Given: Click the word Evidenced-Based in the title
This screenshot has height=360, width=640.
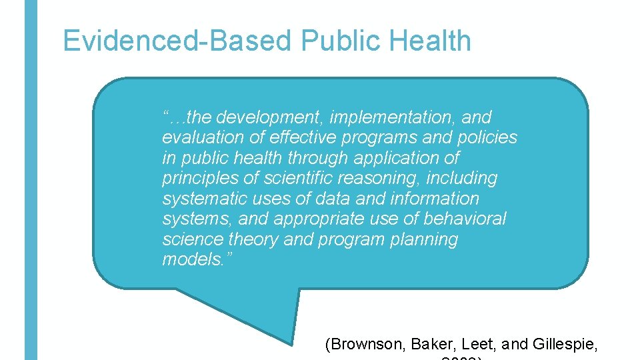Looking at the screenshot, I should pos(177,41).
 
